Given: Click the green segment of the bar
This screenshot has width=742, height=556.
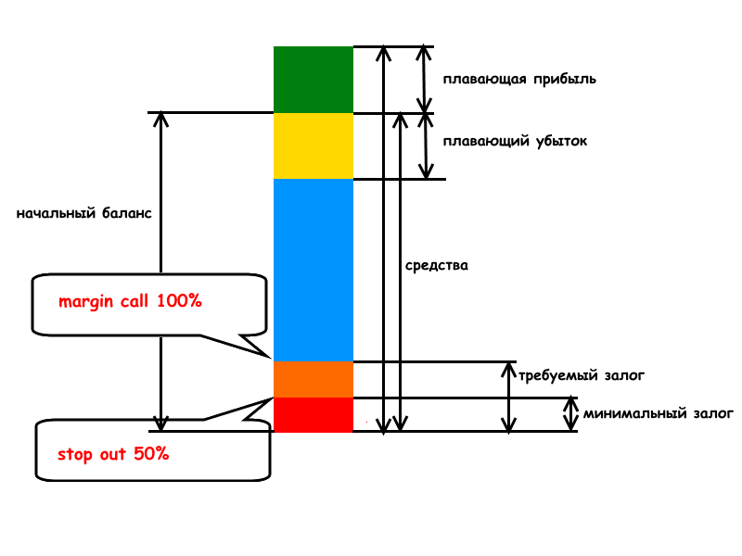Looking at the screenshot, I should coord(313,80).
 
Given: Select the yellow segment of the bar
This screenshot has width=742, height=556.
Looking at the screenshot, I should coord(313,145).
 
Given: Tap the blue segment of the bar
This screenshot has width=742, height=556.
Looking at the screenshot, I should coord(313,269).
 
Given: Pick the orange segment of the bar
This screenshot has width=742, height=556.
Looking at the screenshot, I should coord(313,379).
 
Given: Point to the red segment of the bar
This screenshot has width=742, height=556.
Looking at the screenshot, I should coord(313,414).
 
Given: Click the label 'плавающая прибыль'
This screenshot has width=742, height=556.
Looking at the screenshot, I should coord(518,80).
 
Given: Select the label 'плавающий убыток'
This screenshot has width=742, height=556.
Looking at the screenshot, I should coord(515,142).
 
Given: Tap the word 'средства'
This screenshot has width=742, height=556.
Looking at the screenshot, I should coord(437,265).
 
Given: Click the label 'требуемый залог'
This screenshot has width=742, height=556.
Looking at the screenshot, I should coord(582,375).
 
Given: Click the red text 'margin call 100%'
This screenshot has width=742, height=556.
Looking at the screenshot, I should coord(130,301).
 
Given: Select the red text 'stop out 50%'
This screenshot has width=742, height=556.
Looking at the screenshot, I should coord(113,455).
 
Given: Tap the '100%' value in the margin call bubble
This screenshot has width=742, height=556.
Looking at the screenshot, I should coord(179,301).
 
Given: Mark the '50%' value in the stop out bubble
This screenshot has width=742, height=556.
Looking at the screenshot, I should coord(153,455).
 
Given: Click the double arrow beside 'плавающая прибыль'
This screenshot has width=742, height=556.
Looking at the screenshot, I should coord(425,80).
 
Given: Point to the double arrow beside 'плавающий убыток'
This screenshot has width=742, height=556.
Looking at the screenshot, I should coord(425,145).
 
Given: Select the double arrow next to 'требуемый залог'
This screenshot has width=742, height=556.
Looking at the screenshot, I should coord(508,397).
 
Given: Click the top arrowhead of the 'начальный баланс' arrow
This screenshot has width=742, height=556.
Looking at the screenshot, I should coord(160,120).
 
